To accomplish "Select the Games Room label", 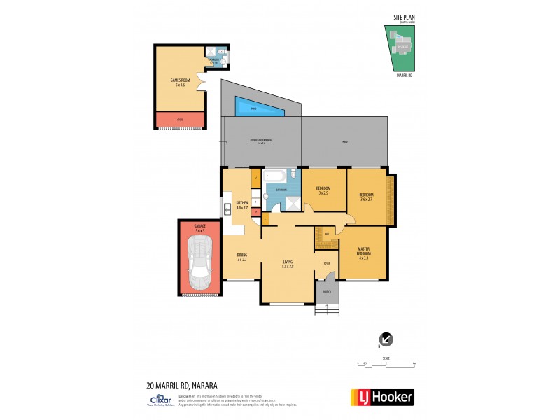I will (x=181, y=83).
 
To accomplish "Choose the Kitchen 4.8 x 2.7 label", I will (x=242, y=205).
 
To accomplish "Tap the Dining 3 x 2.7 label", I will (x=241, y=257).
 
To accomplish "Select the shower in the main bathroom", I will (x=288, y=204).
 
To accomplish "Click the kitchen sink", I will (x=227, y=208).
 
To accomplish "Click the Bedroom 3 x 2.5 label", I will (x=323, y=190).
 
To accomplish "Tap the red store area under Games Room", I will (x=181, y=120).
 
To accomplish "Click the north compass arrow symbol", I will (x=386, y=339).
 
